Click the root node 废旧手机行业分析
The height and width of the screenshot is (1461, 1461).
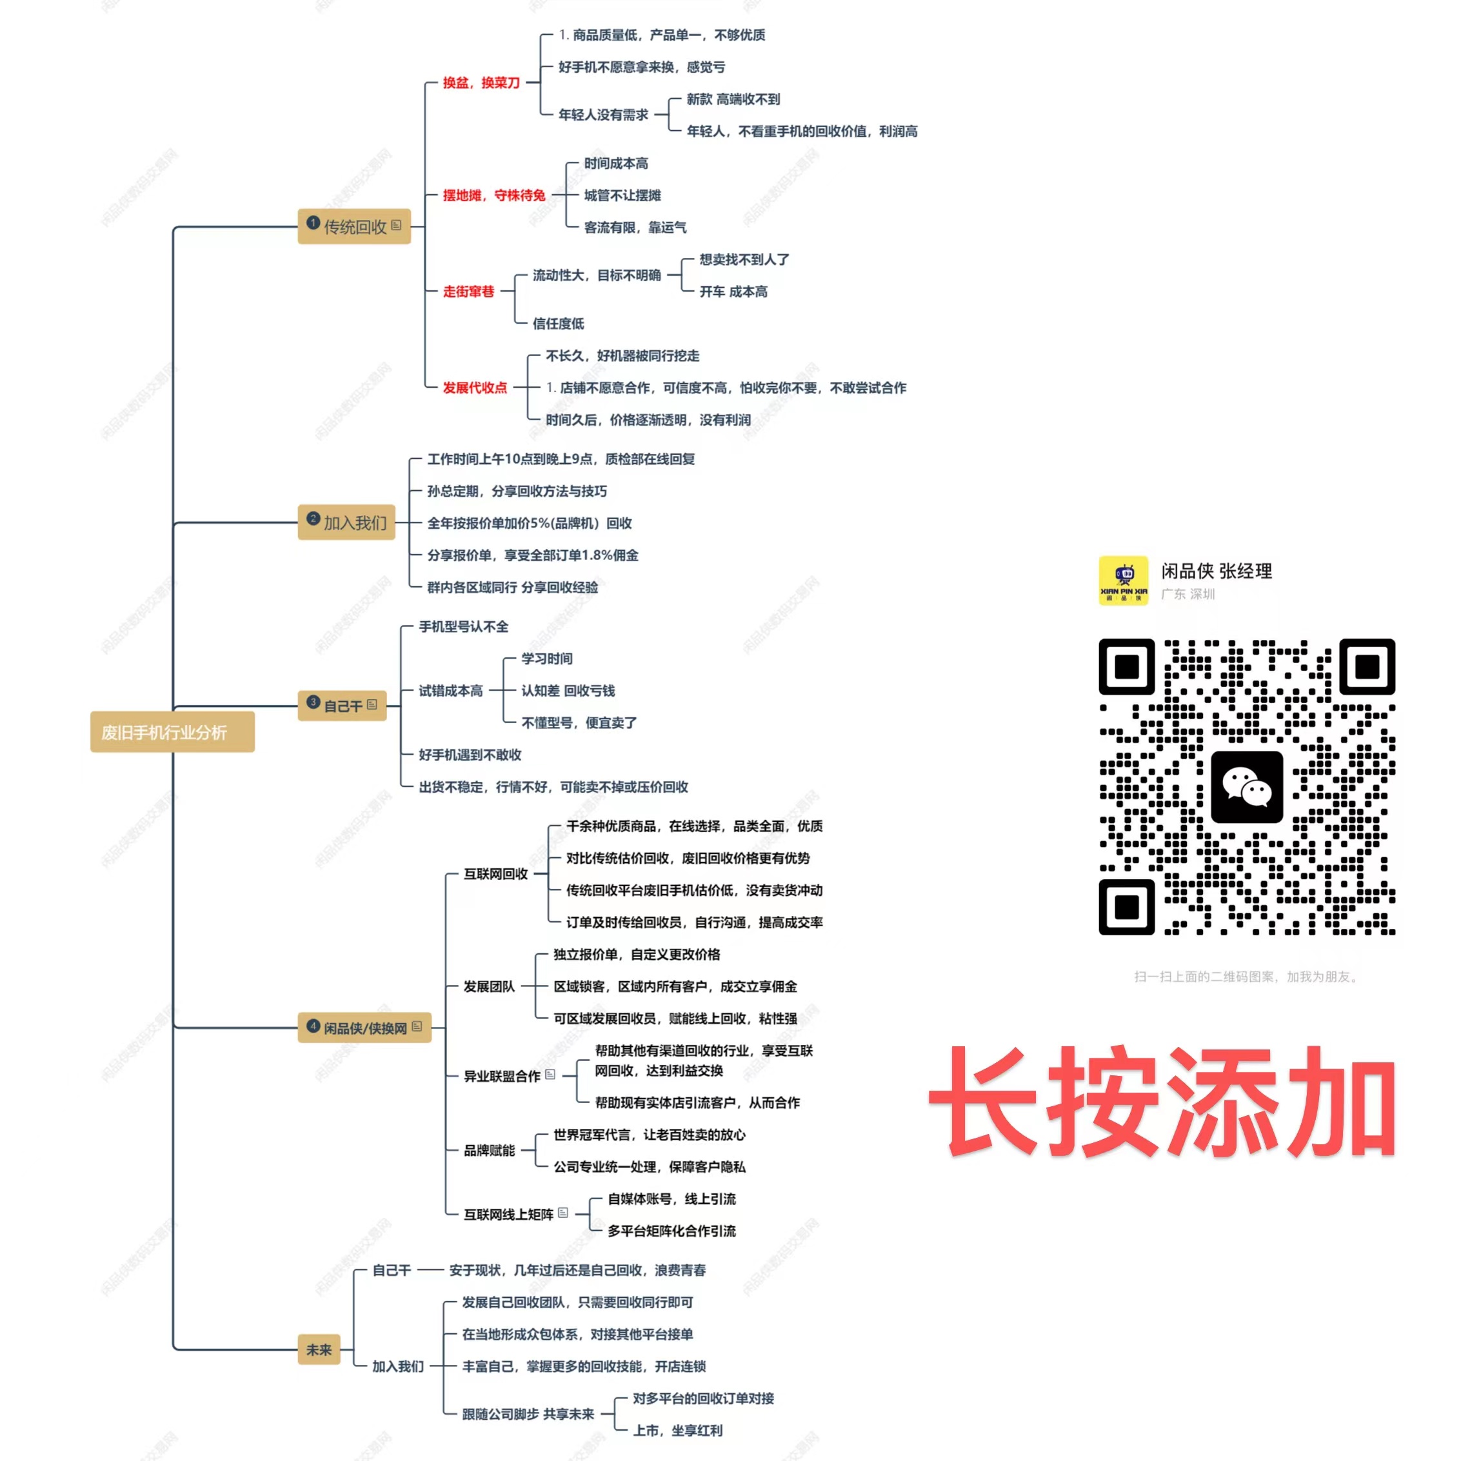172,732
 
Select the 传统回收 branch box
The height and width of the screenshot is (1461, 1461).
354,226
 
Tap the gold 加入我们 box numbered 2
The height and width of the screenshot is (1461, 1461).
346,522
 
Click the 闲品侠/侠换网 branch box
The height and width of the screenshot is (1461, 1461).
364,1028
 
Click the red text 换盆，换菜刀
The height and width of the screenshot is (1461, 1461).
481,83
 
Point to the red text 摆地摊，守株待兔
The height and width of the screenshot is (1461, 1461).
494,195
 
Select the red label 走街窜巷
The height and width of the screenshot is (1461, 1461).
468,291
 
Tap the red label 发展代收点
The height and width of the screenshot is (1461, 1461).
475,387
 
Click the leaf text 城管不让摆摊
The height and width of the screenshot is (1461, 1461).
622,195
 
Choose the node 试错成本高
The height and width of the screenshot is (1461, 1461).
451,690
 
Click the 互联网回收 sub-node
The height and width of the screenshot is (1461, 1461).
495,873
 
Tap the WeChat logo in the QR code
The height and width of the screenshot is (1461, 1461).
1246,786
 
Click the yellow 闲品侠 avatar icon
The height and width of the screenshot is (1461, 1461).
1123,580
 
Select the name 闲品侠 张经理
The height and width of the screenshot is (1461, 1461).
1217,571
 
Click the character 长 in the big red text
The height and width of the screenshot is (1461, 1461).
983,1102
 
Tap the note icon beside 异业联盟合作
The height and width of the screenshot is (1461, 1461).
550,1075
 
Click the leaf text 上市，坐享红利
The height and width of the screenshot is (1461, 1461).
677,1430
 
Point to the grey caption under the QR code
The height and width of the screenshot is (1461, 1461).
1246,977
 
